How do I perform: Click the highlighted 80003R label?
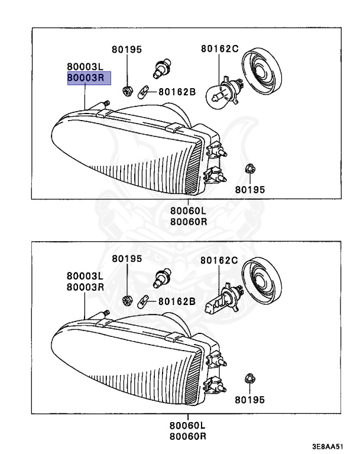(85, 77)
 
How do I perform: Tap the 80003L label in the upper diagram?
(85, 67)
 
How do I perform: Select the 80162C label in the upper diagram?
(219, 50)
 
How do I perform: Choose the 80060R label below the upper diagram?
(188, 222)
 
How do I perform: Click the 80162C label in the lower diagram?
(219, 260)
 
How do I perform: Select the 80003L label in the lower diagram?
(85, 276)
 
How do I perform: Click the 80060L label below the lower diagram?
(188, 426)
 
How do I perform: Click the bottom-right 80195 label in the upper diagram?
(250, 190)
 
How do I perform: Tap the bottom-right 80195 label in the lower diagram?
(250, 400)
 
